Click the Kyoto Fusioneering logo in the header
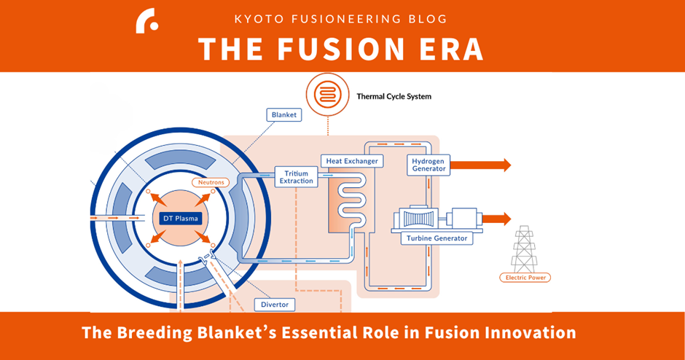coord(146,21)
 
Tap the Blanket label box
coord(283,115)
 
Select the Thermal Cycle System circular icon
coord(327,95)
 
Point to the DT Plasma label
coord(179,218)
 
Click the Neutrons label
coord(211,181)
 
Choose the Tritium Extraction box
coord(297,177)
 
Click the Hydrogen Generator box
coord(428,165)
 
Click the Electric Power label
coord(525,278)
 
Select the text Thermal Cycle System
coord(394,95)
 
